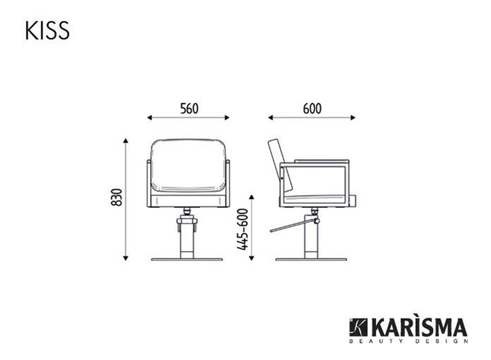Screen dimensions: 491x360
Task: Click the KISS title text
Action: (x=47, y=31)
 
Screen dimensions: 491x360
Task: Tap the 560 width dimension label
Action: (x=189, y=108)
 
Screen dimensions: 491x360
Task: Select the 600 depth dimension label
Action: (x=312, y=108)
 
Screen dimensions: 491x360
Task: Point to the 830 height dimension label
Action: (x=117, y=197)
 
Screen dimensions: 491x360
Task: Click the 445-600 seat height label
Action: (x=243, y=229)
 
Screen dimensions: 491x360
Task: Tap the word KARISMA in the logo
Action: (x=419, y=327)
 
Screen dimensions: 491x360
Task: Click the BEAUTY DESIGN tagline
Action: (x=408, y=341)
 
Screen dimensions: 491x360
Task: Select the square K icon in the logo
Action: (x=358, y=327)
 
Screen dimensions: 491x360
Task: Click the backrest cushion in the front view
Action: (x=188, y=165)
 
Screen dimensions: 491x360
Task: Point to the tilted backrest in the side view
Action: (x=280, y=165)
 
